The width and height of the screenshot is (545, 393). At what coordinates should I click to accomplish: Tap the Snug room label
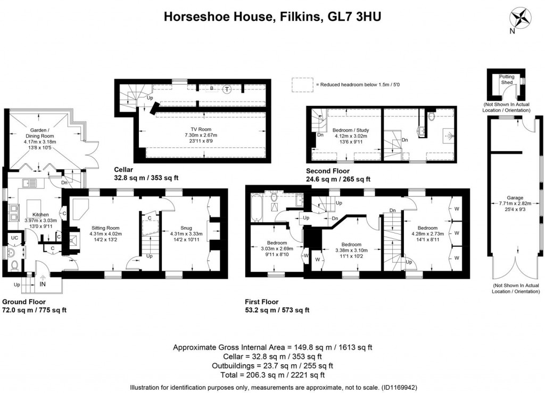[186, 228]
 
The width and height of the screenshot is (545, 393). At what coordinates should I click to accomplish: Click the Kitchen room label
[40, 214]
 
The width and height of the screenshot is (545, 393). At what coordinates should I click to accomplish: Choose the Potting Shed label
[506, 80]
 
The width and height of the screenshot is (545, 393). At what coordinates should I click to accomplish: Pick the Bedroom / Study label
[350, 130]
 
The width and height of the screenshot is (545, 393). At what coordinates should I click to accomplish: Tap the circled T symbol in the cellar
[228, 89]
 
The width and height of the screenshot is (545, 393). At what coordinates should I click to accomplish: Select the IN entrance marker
[42, 285]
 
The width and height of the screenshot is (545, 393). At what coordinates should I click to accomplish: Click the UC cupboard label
[15, 238]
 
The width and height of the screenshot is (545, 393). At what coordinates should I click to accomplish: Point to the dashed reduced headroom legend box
[301, 84]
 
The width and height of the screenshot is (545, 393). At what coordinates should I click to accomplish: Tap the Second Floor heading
[328, 171]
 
